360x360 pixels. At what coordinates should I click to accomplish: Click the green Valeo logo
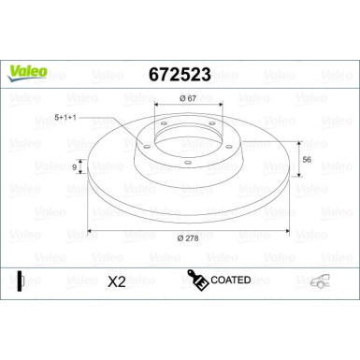click(27, 73)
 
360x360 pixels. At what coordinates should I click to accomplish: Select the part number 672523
click(180, 75)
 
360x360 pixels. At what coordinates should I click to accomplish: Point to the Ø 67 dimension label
click(188, 98)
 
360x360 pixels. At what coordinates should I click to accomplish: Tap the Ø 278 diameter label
click(188, 238)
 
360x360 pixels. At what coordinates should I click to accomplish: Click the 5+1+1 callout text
click(65, 118)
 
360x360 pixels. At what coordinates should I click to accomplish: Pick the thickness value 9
click(74, 167)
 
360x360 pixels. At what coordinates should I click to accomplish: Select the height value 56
click(307, 160)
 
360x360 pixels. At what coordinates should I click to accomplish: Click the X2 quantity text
click(117, 281)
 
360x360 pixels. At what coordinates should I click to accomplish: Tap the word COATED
click(231, 280)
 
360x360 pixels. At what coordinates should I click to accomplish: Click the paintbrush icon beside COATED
click(197, 280)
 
